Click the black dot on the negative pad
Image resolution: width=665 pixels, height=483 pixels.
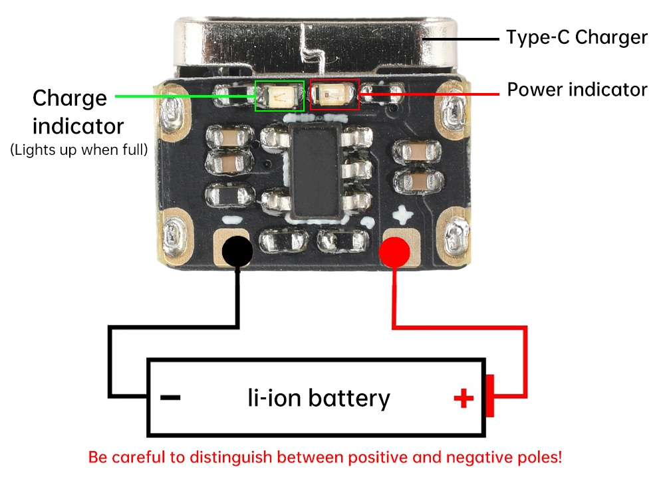237,251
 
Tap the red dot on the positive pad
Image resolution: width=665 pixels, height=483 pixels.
394,252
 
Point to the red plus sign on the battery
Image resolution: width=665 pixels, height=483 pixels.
464,398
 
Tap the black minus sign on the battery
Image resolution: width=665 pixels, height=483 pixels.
170,397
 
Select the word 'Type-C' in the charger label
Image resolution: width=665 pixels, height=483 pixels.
538,37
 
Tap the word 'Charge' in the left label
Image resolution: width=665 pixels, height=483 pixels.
70,99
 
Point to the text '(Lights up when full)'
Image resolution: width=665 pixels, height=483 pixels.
79,149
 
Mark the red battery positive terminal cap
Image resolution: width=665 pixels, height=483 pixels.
490,395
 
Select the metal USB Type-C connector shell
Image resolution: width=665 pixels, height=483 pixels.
315,44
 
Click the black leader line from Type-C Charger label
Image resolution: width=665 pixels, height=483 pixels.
460,39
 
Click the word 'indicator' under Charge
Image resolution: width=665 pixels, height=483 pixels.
78,126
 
